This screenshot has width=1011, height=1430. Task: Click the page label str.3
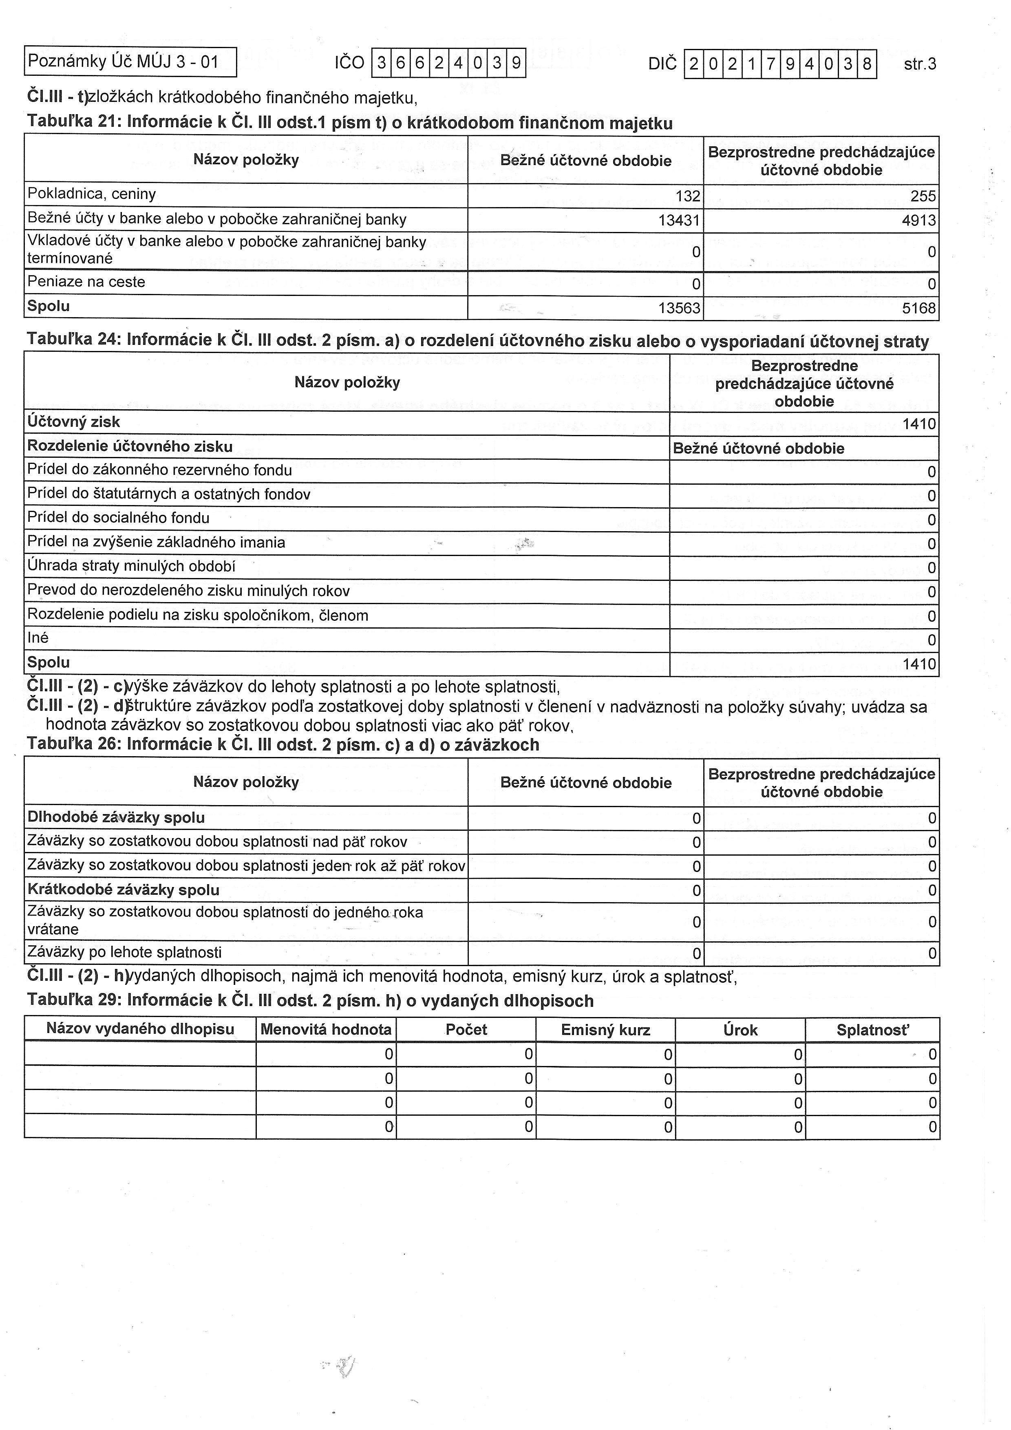[919, 64]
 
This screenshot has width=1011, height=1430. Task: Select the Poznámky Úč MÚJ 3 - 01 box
[130, 62]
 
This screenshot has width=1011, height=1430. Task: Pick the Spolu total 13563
[679, 308]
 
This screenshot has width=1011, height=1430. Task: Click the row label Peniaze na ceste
[86, 282]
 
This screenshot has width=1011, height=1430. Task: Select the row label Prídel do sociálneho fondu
[118, 518]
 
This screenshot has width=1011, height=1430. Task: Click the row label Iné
[38, 638]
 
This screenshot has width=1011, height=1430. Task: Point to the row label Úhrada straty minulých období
[131, 566]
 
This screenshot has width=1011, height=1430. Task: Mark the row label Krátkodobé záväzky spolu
[124, 890]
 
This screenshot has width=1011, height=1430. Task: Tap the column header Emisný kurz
[605, 1030]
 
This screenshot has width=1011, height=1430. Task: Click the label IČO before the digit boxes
[349, 62]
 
